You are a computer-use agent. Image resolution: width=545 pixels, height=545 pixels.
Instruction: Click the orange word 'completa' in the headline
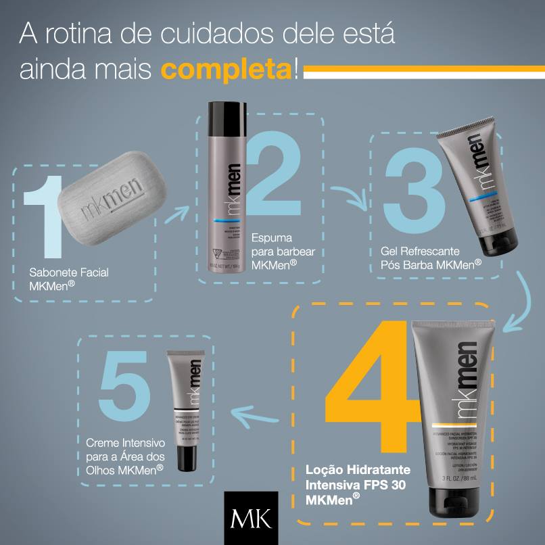point(227,69)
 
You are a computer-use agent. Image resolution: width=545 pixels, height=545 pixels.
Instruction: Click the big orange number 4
point(369,392)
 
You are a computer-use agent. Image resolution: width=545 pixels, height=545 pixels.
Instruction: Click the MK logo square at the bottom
point(251,518)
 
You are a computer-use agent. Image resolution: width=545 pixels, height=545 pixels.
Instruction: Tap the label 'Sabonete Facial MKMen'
point(69,278)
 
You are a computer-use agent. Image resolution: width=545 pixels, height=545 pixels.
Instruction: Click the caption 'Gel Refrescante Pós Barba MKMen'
point(426,256)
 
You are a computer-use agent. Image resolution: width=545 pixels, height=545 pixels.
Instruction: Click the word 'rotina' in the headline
point(93,34)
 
